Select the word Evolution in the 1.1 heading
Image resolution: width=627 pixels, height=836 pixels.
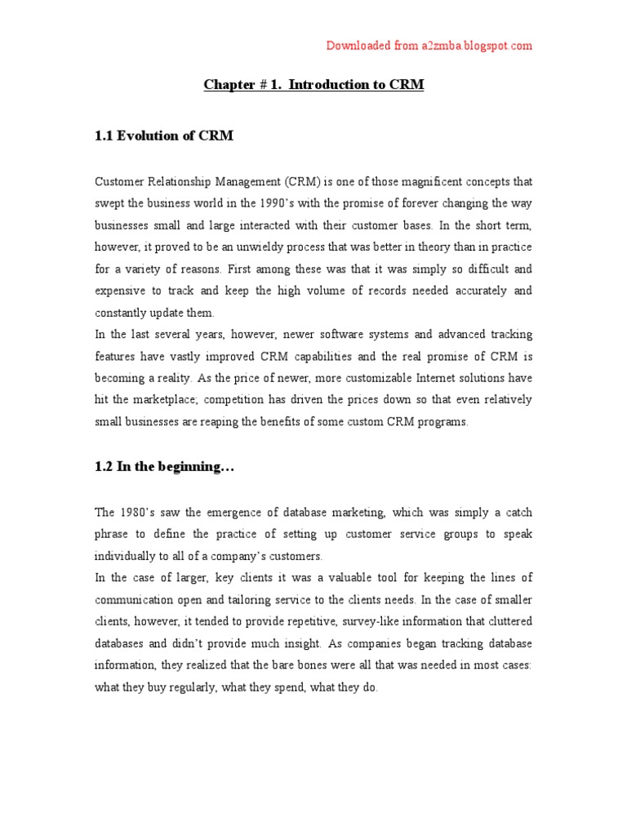click(156, 136)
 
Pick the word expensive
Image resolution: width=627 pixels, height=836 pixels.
click(121, 291)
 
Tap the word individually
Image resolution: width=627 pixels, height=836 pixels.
click(125, 556)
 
